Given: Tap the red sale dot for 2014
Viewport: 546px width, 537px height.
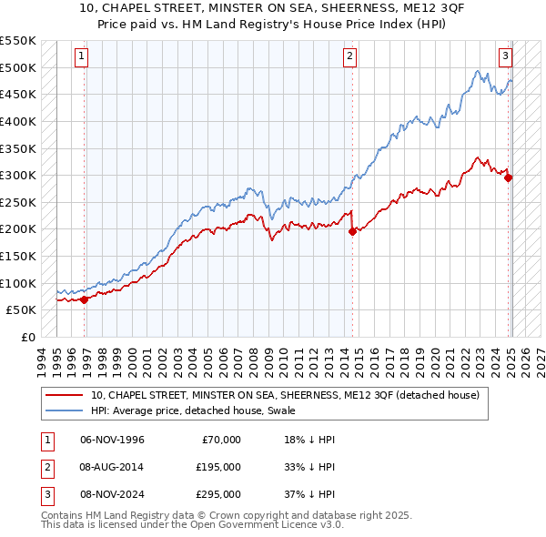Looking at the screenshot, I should pyautogui.click(x=352, y=231).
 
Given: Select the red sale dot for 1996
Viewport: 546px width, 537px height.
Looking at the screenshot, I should pyautogui.click(x=84, y=299).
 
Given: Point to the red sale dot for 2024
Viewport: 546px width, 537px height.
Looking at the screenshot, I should pyautogui.click(x=508, y=177).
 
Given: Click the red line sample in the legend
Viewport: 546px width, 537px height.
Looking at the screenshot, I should pyautogui.click(x=65, y=395).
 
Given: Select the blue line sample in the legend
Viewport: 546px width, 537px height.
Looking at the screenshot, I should pyautogui.click(x=65, y=411).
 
